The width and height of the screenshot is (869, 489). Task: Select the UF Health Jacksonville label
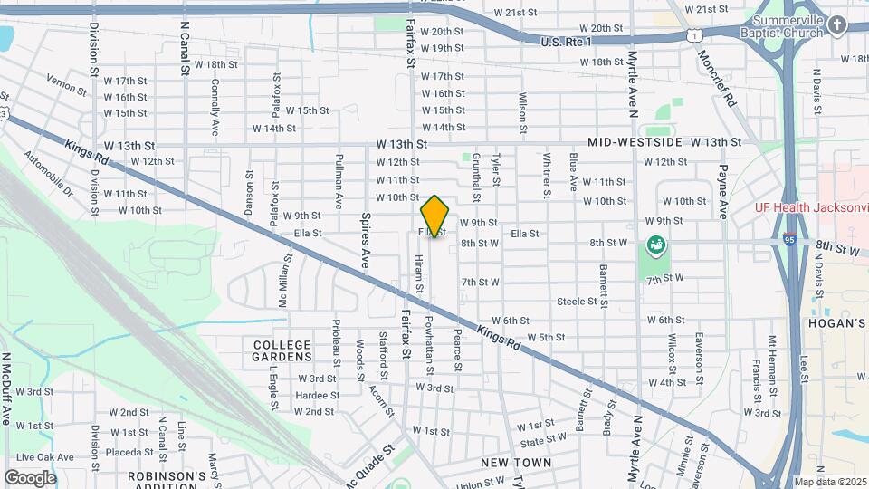point(811,206)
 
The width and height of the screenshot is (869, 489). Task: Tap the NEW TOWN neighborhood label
point(516,462)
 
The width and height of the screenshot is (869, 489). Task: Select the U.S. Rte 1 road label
point(566,42)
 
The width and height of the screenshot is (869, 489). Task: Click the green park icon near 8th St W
point(654,244)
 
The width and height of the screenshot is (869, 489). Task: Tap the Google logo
point(30,477)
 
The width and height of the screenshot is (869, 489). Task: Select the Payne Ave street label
point(722,191)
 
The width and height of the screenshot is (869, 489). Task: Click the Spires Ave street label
point(366,240)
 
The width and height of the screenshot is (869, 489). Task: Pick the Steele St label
point(577,301)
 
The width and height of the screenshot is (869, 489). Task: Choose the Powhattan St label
point(429,340)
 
